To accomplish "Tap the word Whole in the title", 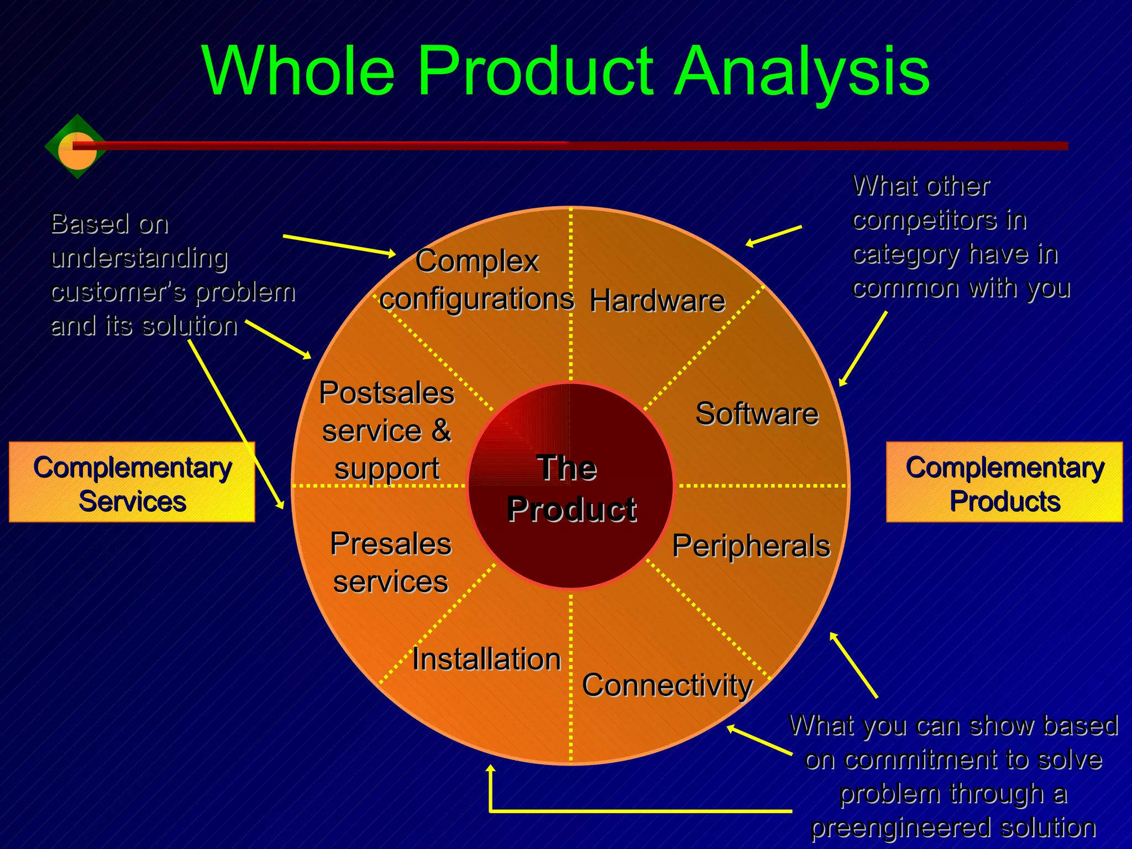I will click(298, 72).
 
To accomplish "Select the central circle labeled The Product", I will click(571, 486).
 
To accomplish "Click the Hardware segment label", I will click(657, 301).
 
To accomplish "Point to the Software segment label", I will click(757, 414).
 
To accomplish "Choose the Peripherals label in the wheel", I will click(751, 546).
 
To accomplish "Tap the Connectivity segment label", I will click(667, 685).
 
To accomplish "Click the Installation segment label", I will click(486, 659).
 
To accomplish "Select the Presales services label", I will click(391, 563).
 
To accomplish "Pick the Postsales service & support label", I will click(387, 431).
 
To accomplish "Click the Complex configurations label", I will click(477, 280).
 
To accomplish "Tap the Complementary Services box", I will click(132, 482).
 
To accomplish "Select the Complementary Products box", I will click(1004, 482).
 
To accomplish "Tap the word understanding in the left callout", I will click(139, 258).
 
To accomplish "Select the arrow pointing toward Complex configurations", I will click(339, 245).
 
